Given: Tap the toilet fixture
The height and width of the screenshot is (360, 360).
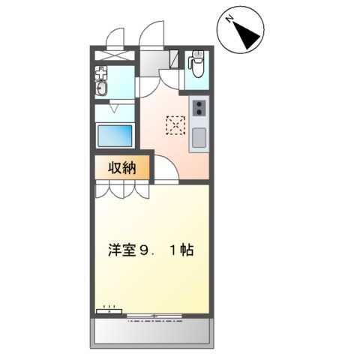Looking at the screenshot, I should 197,70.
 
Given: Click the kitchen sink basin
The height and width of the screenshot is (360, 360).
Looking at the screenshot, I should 199,139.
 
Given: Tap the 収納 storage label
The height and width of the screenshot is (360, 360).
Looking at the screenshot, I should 123,168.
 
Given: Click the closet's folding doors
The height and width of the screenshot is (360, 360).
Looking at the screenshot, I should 123,190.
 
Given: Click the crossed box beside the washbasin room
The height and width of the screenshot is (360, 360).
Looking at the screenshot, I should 114,55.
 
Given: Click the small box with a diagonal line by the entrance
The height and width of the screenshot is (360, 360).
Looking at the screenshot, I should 174,58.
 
